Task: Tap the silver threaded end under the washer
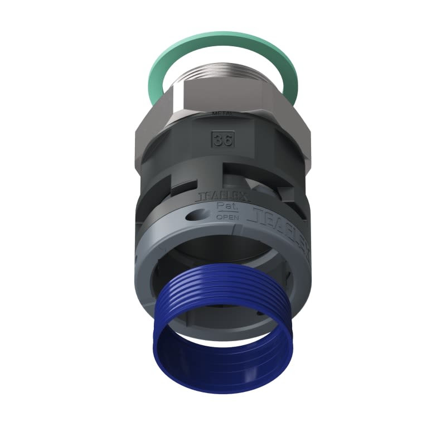[x=223, y=78]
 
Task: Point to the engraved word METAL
[x=222, y=114]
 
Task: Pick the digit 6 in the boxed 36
[x=227, y=140]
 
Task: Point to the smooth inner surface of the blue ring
[x=223, y=357]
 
